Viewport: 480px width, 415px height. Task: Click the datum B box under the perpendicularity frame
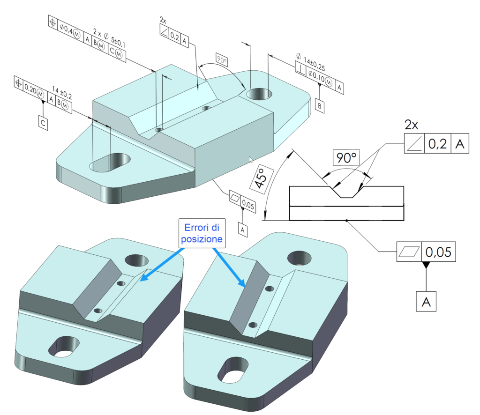coord(319,106)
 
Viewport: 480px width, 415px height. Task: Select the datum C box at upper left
coord(43,123)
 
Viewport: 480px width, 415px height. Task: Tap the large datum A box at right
coord(426,302)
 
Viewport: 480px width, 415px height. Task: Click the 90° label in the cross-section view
coord(345,158)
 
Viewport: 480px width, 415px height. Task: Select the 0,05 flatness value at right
coord(438,252)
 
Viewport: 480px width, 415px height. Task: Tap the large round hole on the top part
coord(259,94)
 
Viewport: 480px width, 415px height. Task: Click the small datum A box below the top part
coord(242,229)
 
